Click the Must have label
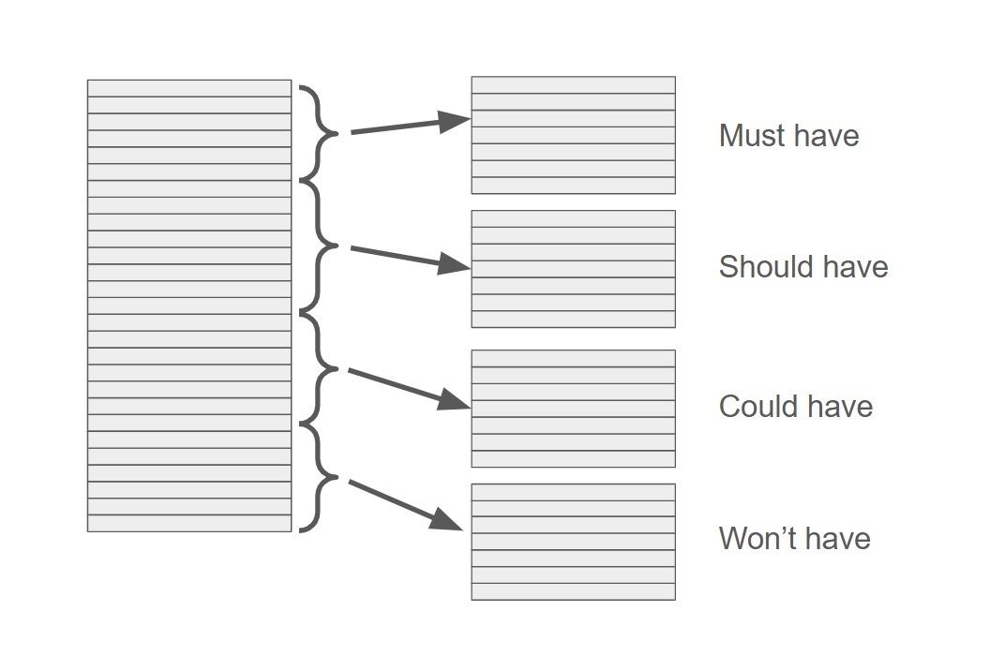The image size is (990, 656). [788, 136]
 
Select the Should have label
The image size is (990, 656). [802, 267]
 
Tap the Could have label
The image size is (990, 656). [795, 407]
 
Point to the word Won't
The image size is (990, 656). [754, 539]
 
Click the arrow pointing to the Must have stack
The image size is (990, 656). [411, 125]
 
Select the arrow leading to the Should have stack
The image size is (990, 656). [411, 258]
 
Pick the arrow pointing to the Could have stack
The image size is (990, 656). [409, 388]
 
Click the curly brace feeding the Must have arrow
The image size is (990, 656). [319, 133]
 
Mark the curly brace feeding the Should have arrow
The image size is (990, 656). [319, 246]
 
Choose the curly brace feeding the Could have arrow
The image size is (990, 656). [319, 369]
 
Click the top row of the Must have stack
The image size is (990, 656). [573, 84]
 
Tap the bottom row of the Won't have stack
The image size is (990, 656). [573, 591]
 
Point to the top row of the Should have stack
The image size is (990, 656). [573, 218]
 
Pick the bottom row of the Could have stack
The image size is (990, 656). [573, 458]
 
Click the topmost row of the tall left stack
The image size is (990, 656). [189, 88]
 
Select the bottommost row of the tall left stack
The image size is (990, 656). [189, 523]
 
